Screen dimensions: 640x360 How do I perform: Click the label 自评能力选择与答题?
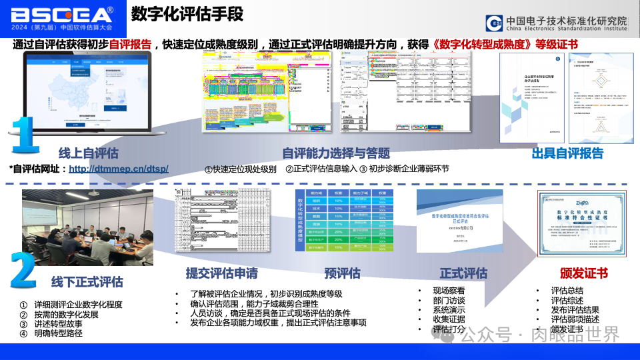point(336,153)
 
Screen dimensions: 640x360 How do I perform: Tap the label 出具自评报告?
point(567,153)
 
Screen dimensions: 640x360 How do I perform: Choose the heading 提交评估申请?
point(221,273)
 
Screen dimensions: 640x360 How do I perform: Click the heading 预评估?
point(342,273)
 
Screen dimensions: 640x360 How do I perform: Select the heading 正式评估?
point(463,273)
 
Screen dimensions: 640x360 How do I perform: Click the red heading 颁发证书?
point(584,274)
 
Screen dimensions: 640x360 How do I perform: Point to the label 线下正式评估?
point(87,281)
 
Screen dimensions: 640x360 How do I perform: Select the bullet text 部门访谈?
point(449,300)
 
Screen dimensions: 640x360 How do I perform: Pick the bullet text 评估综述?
point(567,300)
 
